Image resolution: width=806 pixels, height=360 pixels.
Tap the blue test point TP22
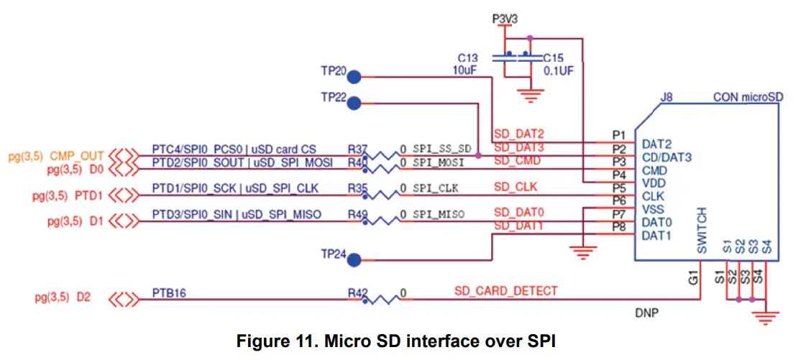[x=354, y=103]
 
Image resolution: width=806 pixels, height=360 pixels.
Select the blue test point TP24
[x=354, y=259]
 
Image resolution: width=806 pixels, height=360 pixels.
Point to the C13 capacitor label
[x=469, y=57]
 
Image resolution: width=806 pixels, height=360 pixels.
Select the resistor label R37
[x=357, y=148]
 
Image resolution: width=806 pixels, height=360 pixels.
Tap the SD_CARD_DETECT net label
[x=505, y=290]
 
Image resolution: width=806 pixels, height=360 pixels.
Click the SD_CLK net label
[x=515, y=187]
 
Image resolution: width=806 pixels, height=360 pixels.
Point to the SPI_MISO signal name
[x=438, y=215]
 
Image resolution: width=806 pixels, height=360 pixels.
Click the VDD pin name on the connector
[x=654, y=183]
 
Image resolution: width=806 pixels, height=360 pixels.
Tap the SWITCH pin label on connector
[x=702, y=230]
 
